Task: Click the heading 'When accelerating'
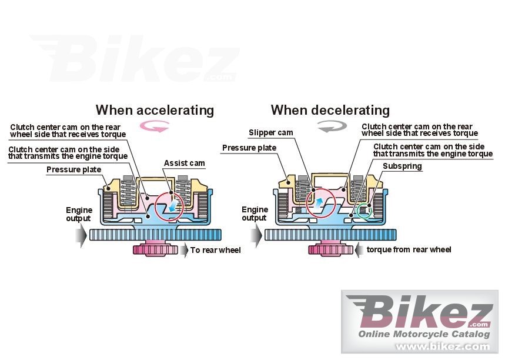click(155, 110)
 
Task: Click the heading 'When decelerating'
click(330, 110)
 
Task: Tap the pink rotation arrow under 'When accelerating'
click(155, 125)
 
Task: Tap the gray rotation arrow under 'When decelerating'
click(330, 126)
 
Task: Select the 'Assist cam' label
click(184, 163)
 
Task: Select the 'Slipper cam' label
click(270, 133)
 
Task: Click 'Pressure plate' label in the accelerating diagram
click(73, 170)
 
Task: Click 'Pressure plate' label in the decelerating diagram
click(249, 148)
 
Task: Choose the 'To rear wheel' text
click(215, 250)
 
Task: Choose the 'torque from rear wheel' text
click(409, 250)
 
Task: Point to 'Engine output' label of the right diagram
click(255, 214)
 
